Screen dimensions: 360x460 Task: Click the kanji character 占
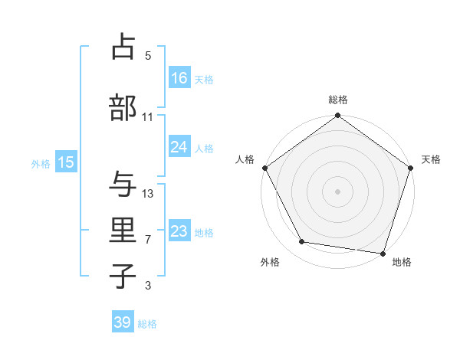pyautogui.click(x=123, y=47)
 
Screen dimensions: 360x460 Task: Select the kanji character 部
pyautogui.click(x=123, y=108)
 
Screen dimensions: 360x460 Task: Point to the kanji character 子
pyautogui.click(x=123, y=277)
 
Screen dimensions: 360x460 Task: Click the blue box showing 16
pyautogui.click(x=179, y=78)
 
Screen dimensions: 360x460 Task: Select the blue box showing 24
pyautogui.click(x=179, y=147)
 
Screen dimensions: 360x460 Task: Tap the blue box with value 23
pyautogui.click(x=179, y=231)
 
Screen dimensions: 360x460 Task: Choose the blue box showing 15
pyautogui.click(x=65, y=162)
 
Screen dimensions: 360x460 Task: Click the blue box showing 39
pyautogui.click(x=123, y=322)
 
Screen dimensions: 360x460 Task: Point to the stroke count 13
pyautogui.click(x=148, y=194)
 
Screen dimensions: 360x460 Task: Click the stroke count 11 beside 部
pyautogui.click(x=148, y=117)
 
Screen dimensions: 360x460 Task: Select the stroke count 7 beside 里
pyautogui.click(x=148, y=240)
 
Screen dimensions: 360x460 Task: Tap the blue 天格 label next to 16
pyautogui.click(x=204, y=79)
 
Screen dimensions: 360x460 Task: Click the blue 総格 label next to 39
pyautogui.click(x=147, y=324)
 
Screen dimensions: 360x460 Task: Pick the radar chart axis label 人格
pyautogui.click(x=245, y=159)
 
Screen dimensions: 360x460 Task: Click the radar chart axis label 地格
pyautogui.click(x=402, y=262)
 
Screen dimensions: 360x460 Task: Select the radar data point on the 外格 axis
pyautogui.click(x=302, y=242)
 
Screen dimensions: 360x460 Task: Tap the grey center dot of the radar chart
pyautogui.click(x=337, y=191)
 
